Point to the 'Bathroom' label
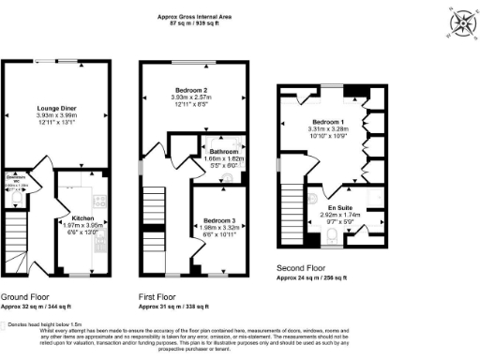(x=222, y=151)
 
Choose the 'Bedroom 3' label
(x=220, y=221)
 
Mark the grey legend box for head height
(x=11, y=324)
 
